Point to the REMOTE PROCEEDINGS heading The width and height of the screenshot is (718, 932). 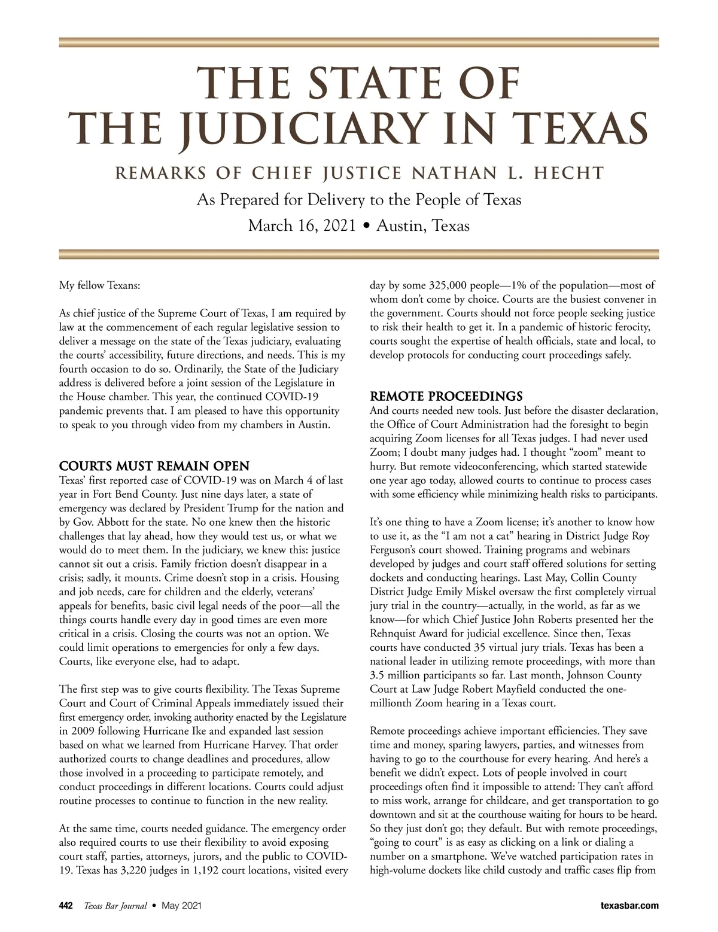coord(446,397)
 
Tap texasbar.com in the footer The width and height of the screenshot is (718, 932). coord(629,906)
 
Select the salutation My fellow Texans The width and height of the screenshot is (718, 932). coord(100,285)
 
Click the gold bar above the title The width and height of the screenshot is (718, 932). coord(359,42)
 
